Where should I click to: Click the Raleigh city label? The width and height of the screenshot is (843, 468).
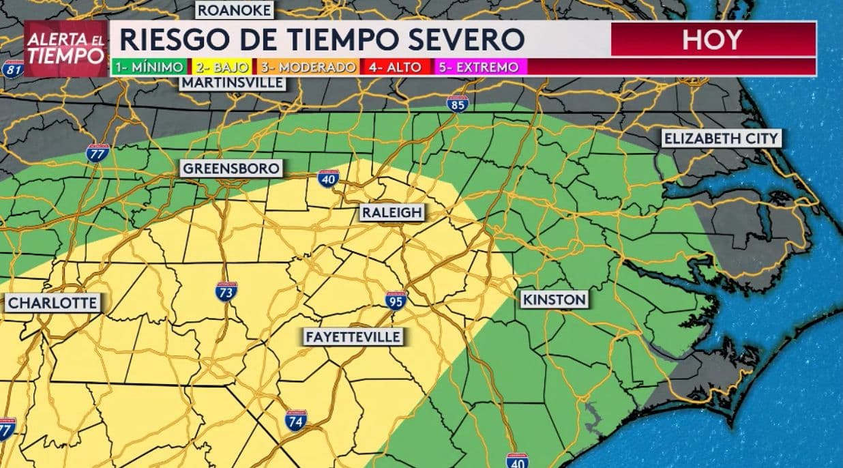(x=391, y=213)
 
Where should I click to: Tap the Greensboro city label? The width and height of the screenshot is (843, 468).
(x=231, y=169)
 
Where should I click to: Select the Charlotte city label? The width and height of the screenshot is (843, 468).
(x=53, y=303)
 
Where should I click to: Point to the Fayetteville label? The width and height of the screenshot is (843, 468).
(x=353, y=337)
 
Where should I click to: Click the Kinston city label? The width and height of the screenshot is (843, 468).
(x=554, y=299)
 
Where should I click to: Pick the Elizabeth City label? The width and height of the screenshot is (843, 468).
(x=721, y=138)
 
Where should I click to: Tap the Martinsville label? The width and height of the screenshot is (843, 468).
(x=232, y=83)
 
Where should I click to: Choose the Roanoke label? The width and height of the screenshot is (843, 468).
(x=235, y=10)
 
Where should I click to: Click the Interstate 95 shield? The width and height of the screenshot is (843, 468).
(x=396, y=299)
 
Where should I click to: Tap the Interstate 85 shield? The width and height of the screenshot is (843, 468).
(x=457, y=104)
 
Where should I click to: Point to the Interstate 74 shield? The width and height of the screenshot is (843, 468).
(x=295, y=420)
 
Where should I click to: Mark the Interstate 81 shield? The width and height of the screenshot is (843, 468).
(x=12, y=68)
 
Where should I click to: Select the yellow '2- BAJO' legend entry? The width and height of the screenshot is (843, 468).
(x=222, y=68)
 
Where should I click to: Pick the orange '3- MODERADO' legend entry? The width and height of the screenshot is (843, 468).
(x=308, y=68)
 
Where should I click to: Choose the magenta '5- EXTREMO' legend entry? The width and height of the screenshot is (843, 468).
(x=480, y=68)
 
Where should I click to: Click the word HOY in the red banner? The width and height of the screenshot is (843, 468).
(x=712, y=40)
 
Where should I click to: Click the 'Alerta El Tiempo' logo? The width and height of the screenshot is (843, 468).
(x=66, y=46)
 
